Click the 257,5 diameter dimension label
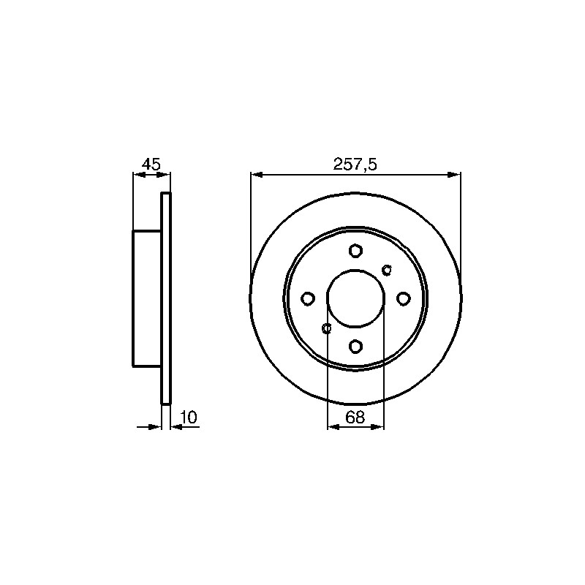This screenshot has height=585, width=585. click(x=355, y=164)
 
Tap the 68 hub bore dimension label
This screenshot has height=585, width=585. click(x=355, y=417)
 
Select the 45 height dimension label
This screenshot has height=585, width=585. click(x=151, y=164)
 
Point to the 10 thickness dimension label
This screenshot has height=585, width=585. click(x=189, y=417)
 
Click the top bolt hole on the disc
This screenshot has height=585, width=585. click(x=355, y=250)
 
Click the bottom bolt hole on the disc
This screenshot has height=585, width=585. click(x=355, y=346)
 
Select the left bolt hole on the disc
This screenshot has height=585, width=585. click(x=308, y=298)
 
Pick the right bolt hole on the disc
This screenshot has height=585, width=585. click(x=404, y=298)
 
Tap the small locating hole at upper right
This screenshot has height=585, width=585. click(x=387, y=269)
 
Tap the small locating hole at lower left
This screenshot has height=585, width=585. click(x=326, y=328)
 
